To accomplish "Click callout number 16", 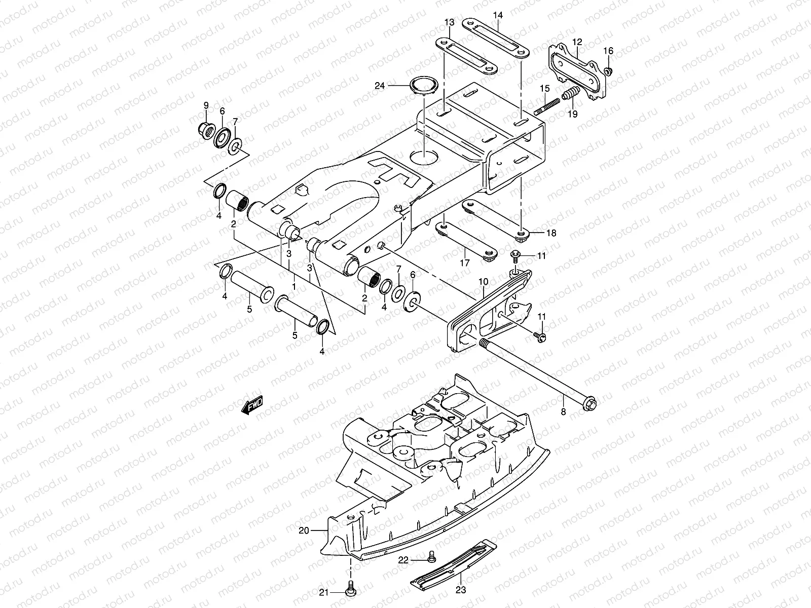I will (x=608, y=51).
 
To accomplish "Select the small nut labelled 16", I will (x=609, y=70).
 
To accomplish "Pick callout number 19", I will (x=572, y=115).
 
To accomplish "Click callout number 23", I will (x=460, y=590).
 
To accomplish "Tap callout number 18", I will (x=551, y=233).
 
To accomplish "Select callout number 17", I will (x=465, y=262).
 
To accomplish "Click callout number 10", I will (x=483, y=281).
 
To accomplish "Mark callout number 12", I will (x=578, y=42).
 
